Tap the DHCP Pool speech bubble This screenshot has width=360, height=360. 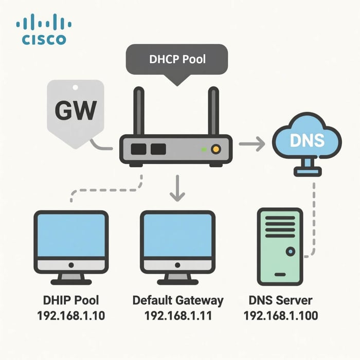pos(177,60)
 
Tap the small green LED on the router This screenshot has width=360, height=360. pos(204,150)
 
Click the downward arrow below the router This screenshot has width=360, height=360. pos(177,188)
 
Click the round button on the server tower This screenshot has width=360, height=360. pos(291,252)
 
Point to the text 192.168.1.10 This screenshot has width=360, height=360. pos(71,315)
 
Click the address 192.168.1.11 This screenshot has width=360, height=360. pos(177,315)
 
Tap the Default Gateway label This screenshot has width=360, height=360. pos(177,300)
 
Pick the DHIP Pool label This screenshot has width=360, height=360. pos(71,300)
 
